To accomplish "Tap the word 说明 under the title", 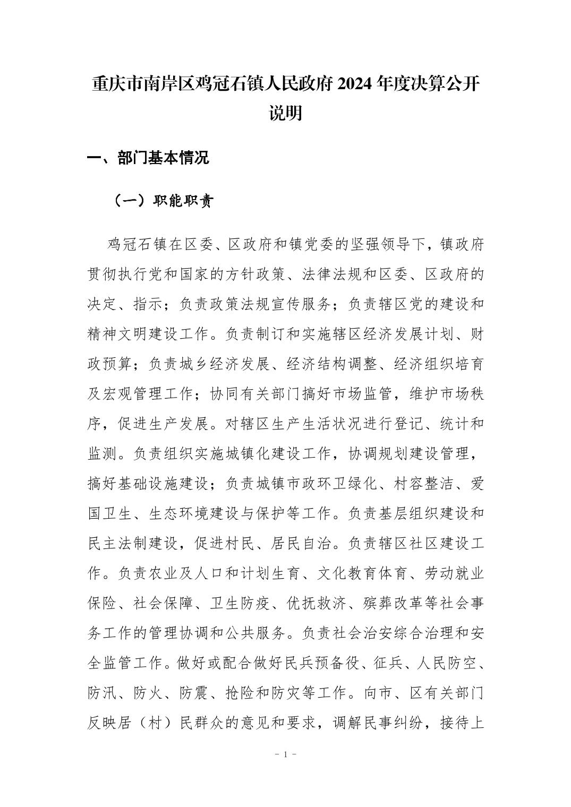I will click(285, 113).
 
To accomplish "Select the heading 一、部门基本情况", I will click(148, 157).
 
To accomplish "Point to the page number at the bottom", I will click(285, 754).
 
